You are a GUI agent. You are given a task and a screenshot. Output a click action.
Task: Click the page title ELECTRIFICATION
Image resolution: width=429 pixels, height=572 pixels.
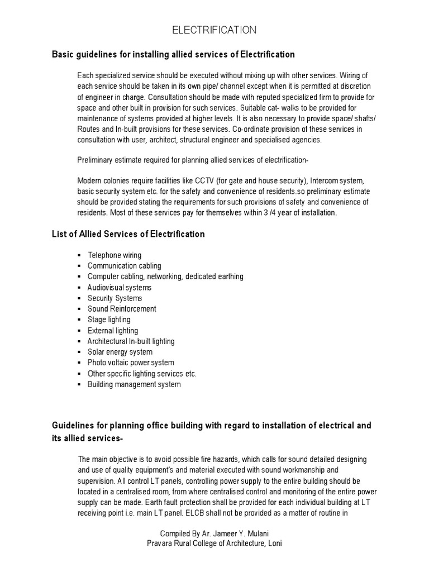pos(214,30)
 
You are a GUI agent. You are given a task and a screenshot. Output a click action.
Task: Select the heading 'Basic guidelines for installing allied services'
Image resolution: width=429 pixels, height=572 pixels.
pos(173,54)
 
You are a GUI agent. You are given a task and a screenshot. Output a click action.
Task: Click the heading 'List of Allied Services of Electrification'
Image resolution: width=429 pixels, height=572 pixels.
pos(128,234)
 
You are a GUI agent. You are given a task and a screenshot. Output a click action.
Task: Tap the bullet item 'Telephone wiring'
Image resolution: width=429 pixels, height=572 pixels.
pos(114,255)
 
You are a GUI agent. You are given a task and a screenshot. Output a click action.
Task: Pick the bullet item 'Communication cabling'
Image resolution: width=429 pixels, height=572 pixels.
pos(124,266)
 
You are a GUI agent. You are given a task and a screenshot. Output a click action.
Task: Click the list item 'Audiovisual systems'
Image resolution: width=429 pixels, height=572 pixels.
pos(119,288)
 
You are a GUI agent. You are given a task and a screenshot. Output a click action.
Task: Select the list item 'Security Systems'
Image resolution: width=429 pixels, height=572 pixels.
pos(115,298)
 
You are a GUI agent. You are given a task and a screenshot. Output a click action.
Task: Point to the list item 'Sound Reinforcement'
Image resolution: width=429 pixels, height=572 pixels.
pos(122,309)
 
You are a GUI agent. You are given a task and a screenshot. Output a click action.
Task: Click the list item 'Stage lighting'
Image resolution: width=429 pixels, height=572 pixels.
pos(109,320)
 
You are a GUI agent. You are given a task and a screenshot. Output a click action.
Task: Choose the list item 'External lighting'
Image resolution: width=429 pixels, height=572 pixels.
pos(112,331)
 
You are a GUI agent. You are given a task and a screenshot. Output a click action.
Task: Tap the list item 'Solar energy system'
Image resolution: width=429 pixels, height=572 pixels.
pos(119,352)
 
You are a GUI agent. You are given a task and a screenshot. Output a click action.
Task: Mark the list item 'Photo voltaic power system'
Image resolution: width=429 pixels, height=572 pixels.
pos(131,363)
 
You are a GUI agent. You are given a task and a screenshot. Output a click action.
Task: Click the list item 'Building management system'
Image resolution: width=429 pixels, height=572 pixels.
pos(134,384)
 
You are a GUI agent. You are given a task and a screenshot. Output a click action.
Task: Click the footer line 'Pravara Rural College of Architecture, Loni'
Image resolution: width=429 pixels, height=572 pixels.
pos(214,543)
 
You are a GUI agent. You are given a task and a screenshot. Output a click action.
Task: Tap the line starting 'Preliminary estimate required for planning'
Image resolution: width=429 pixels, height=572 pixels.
pos(193,160)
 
